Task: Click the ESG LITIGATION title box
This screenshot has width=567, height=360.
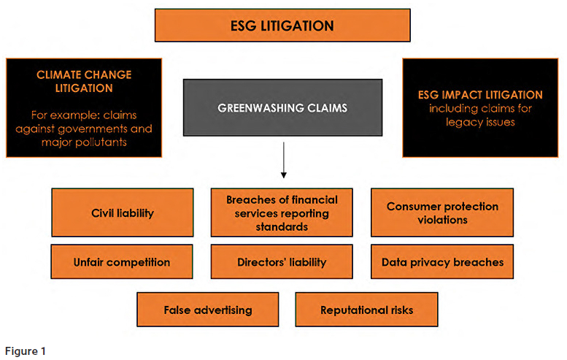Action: tap(282, 26)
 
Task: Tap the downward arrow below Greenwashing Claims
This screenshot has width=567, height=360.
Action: tap(283, 164)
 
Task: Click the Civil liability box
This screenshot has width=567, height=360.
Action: tap(122, 212)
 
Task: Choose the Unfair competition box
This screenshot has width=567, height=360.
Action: tap(122, 261)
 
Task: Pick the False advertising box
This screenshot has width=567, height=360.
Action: tap(208, 310)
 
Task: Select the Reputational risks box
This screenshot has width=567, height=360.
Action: tap(366, 310)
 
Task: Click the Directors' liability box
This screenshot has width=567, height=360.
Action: tap(282, 261)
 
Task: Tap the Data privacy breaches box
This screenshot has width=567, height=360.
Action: tap(442, 261)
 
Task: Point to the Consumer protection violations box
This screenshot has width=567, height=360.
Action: tap(442, 212)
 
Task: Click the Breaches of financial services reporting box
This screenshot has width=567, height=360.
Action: tap(282, 212)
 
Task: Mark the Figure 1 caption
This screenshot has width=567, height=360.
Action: tap(24, 351)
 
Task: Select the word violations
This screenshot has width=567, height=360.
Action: tap(442, 219)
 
